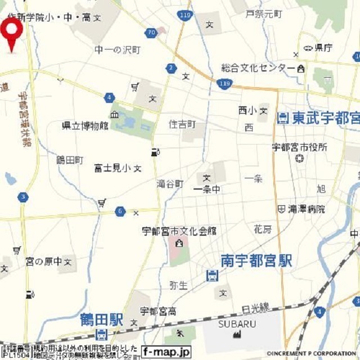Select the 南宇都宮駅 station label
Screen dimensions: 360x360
256,260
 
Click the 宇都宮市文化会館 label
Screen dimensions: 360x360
179,231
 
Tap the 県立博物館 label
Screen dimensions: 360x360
85,126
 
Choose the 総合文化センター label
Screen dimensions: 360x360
258,68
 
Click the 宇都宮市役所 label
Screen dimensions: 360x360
299,147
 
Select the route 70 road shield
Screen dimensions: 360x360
150,33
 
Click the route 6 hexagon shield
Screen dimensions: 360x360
120,211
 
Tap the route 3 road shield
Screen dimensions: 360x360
22,197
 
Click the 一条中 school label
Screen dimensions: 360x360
206,190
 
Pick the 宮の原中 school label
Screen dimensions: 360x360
45,262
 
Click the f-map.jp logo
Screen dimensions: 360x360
166,352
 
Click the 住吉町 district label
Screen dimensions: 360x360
182,124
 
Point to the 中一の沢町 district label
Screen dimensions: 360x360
117,50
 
